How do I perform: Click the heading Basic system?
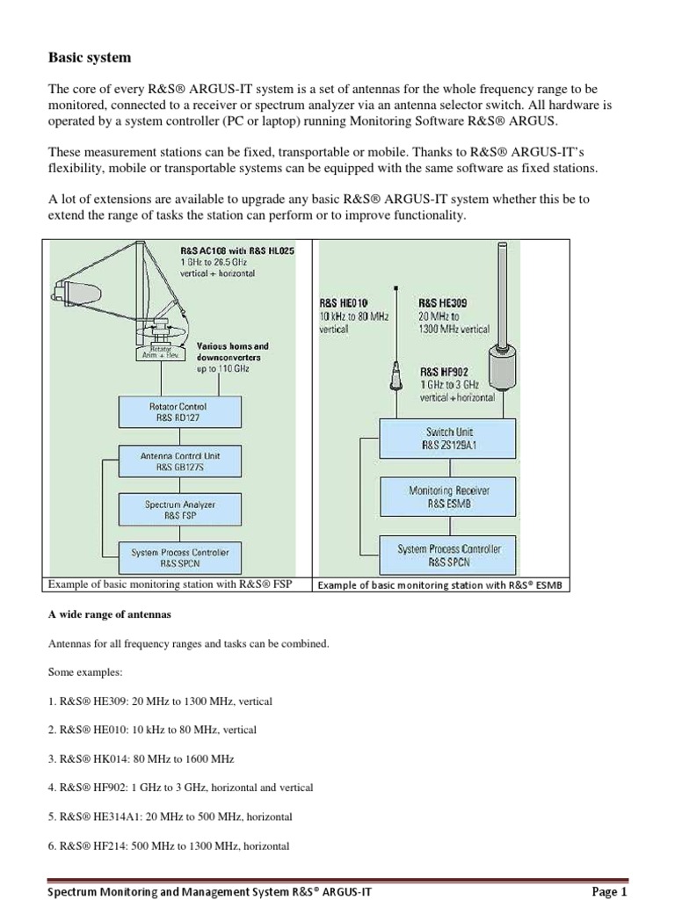click(x=89, y=58)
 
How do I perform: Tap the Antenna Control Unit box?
click(x=178, y=462)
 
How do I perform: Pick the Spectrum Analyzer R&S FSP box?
click(x=178, y=511)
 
